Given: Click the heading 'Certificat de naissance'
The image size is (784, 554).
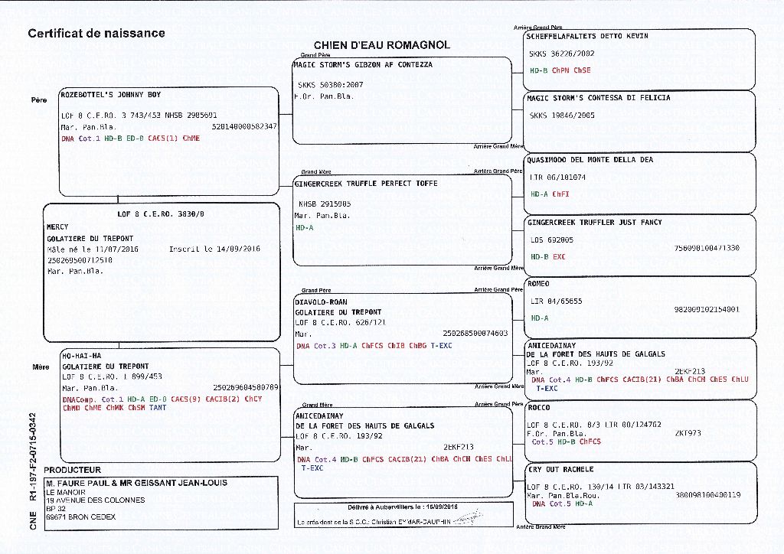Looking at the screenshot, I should (x=96, y=34).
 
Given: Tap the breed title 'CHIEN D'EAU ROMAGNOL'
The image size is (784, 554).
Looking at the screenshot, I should (x=382, y=46).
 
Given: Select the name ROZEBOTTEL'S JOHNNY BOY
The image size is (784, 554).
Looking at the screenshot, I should (x=111, y=96).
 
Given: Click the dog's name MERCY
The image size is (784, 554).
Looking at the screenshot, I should (x=58, y=227).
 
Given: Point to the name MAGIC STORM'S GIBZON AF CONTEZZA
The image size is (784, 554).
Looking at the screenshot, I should (x=363, y=65).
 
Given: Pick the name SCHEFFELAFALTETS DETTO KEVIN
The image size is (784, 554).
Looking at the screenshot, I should (x=588, y=36).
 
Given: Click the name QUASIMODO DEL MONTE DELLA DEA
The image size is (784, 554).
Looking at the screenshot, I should (x=590, y=160).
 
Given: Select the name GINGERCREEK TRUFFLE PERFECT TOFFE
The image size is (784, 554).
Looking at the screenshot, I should (x=366, y=184).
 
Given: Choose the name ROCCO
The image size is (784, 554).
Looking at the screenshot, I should (x=539, y=408).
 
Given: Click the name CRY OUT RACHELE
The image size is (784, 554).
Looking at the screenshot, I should (x=560, y=469).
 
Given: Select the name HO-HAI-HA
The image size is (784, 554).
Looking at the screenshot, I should (x=81, y=356).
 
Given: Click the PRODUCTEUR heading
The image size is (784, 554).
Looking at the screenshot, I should (x=72, y=470).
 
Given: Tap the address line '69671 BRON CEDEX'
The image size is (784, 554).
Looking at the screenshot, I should (x=80, y=517).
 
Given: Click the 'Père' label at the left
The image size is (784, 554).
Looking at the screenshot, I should (x=39, y=100).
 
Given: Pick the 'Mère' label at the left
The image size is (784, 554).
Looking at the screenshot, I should (x=41, y=367).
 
